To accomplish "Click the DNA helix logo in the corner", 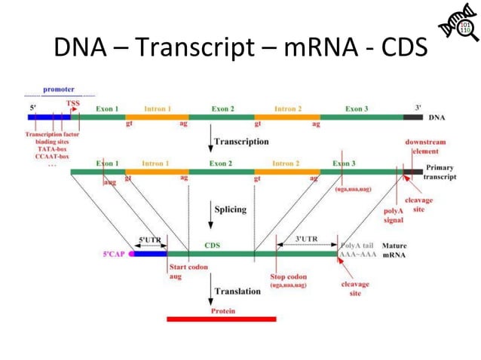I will (x=455, y=29).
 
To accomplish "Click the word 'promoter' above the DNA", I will (x=58, y=90).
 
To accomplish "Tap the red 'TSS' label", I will (x=73, y=104).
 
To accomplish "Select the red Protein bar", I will (x=221, y=319).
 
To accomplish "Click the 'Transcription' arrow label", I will (x=241, y=141).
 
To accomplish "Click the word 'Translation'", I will (x=237, y=291).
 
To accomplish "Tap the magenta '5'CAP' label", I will (x=117, y=255).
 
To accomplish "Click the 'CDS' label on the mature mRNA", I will (x=213, y=245).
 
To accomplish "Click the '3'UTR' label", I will (x=305, y=239).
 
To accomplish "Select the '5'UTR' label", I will (x=149, y=239).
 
